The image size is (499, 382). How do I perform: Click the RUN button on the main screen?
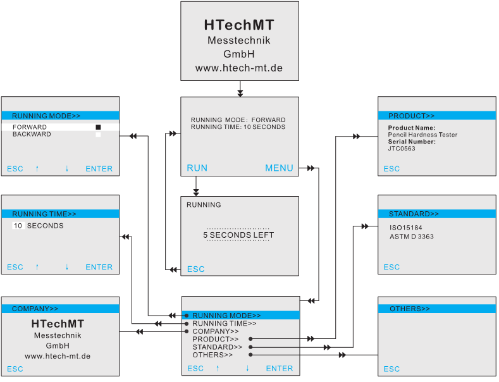click(x=197, y=168)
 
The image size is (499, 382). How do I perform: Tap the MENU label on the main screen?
click(x=279, y=168)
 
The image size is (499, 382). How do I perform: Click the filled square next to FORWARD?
click(x=98, y=127)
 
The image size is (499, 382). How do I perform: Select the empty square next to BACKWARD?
click(x=98, y=135)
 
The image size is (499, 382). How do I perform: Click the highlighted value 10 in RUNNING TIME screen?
click(x=18, y=226)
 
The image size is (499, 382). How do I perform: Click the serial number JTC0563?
click(x=402, y=149)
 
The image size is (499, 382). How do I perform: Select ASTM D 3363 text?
click(x=411, y=237)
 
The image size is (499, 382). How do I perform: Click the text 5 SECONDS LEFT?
click(x=238, y=235)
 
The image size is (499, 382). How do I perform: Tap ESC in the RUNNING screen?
click(x=195, y=269)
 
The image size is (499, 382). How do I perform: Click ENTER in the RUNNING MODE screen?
click(x=99, y=169)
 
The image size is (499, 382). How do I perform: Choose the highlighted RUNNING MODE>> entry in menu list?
click(x=226, y=316)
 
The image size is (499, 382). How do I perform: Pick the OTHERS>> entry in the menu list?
click(x=212, y=355)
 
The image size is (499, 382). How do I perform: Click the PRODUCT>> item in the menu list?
click(x=215, y=339)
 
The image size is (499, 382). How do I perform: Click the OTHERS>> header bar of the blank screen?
click(x=436, y=309)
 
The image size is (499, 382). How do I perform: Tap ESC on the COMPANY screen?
click(x=15, y=369)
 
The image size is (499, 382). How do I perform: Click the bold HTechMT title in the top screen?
click(x=238, y=25)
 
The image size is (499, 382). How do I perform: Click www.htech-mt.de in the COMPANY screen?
click(x=58, y=356)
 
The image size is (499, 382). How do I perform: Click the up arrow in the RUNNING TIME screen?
click(x=37, y=268)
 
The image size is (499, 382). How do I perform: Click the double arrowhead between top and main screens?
click(x=239, y=93)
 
